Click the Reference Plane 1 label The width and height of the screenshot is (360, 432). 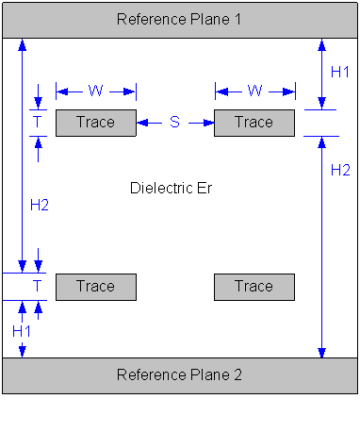[179, 20]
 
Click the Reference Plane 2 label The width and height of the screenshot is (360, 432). [179, 374]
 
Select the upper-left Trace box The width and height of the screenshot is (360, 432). [95, 123]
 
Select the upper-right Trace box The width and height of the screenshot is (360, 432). [254, 123]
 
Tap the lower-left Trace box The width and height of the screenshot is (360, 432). [95, 287]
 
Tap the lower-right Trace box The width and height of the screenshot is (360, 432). [254, 287]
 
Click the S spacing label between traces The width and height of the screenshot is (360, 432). [174, 123]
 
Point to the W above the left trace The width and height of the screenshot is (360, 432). [95, 91]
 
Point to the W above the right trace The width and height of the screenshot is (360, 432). [254, 91]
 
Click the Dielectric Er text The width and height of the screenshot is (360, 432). [171, 188]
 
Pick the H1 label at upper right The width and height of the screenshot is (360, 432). [339, 72]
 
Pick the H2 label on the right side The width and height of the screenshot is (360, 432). [339, 170]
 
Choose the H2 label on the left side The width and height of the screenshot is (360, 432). [39, 207]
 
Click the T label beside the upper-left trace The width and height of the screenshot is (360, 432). [38, 123]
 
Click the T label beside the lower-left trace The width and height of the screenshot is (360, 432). [38, 286]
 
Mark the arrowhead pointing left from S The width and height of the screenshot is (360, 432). [141, 123]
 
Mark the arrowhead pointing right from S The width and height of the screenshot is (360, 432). [208, 123]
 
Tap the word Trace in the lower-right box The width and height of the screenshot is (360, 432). [254, 287]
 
